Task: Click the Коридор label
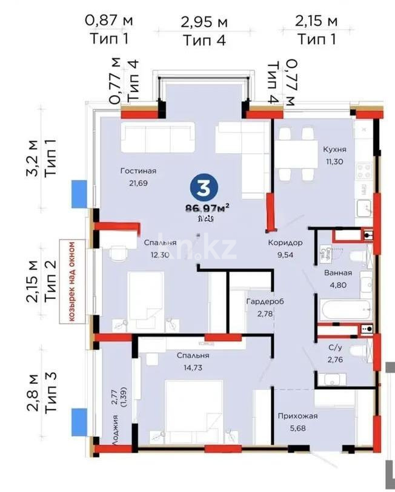(x=285, y=243)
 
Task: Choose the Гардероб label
(x=265, y=301)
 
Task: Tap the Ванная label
(x=338, y=273)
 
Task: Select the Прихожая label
(x=297, y=416)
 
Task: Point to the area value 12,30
(x=160, y=255)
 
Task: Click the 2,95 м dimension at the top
(x=204, y=23)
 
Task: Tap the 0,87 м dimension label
(x=109, y=21)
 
